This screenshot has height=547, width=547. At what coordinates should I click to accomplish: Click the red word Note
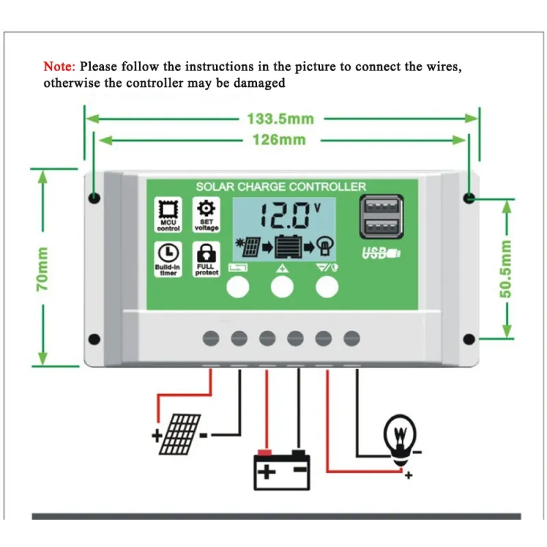59,67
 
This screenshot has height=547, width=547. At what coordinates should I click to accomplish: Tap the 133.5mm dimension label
280,118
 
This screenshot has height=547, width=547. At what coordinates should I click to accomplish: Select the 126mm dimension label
280,139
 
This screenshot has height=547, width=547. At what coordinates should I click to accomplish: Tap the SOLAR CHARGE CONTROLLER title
280,187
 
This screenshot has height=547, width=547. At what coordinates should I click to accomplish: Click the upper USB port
381,206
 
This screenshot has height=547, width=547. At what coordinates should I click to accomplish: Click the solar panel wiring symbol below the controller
181,433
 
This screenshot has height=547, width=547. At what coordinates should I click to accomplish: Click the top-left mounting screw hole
94,198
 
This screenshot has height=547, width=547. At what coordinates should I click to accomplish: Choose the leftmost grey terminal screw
211,338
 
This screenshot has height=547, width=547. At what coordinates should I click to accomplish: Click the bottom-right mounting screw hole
469,339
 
